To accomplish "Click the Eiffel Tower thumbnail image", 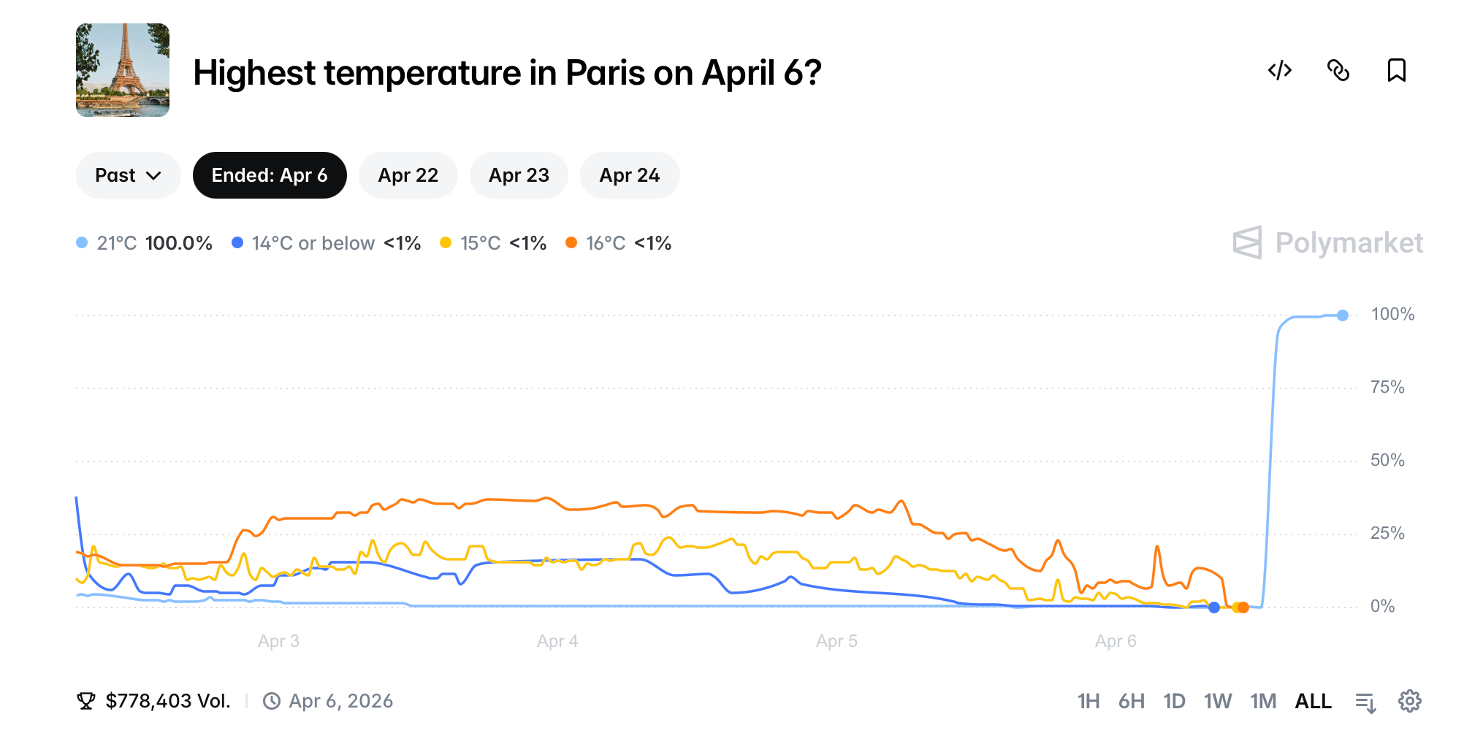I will tap(123, 70).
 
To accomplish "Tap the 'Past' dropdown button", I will tap(128, 175).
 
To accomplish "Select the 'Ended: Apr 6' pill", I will tap(270, 175).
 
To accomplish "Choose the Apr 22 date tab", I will tap(408, 175).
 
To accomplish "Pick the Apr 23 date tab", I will tap(519, 175).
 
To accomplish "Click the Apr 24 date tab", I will tap(629, 175).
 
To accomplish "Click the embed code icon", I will tap(1280, 70).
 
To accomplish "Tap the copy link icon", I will tap(1338, 70).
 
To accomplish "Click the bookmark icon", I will tap(1396, 70).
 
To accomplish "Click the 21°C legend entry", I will tap(145, 243).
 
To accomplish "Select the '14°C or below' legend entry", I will tap(326, 243).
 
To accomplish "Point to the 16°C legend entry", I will tap(618, 243).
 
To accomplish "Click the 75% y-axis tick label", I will tap(1387, 387).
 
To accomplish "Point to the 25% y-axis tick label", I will tap(1387, 533).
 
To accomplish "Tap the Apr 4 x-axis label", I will tap(557, 641).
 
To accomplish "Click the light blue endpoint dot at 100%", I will tap(1342, 315).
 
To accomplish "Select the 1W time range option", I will tap(1217, 701).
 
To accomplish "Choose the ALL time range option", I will tap(1313, 701).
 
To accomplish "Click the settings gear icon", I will tap(1409, 701).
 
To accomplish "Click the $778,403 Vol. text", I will tap(167, 701).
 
